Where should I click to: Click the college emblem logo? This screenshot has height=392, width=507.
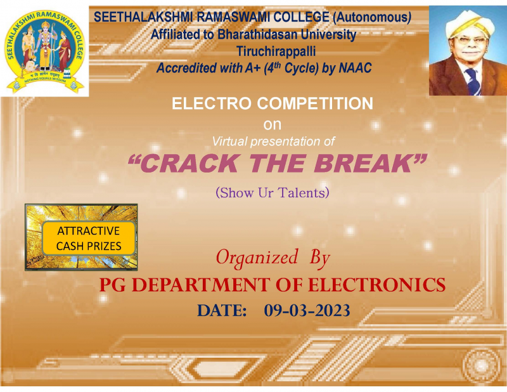click(44, 51)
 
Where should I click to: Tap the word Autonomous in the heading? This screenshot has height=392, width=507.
click(373, 17)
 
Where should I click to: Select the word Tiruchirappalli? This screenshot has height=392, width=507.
click(276, 51)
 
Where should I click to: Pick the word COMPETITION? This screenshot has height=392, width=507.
click(315, 103)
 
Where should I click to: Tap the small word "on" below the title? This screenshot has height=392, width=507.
click(273, 124)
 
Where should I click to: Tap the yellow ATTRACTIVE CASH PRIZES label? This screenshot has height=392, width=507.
click(89, 238)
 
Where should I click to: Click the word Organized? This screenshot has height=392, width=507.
click(257, 258)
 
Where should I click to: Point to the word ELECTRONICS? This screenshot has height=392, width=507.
click(376, 285)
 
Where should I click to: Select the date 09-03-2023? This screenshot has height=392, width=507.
click(307, 310)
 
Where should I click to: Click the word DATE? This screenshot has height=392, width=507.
click(222, 311)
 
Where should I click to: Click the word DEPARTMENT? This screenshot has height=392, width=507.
click(200, 285)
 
